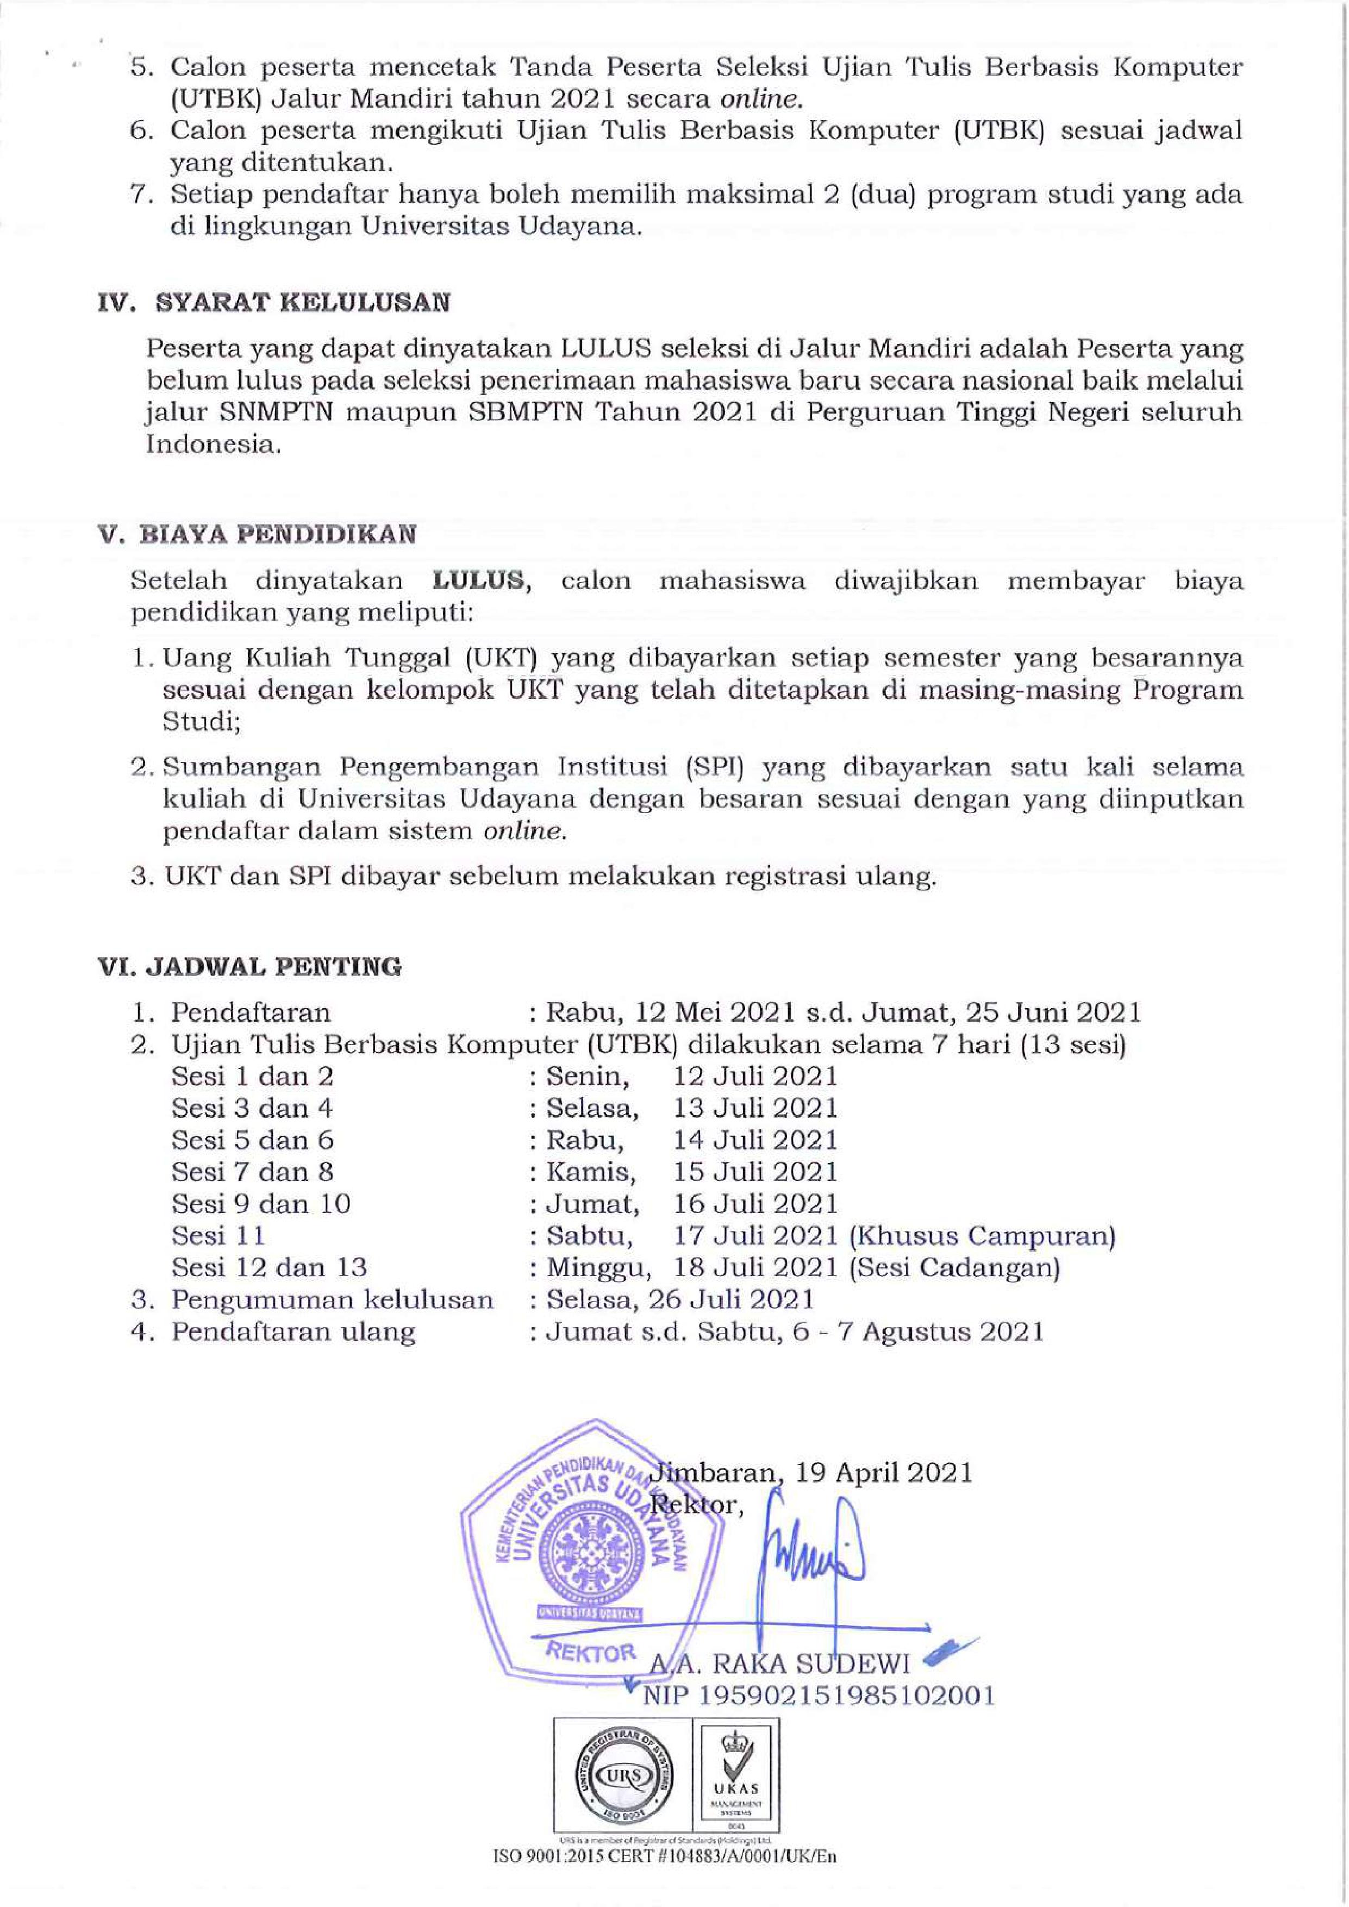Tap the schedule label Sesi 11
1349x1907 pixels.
218,1236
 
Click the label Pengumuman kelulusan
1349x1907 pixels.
332,1300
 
